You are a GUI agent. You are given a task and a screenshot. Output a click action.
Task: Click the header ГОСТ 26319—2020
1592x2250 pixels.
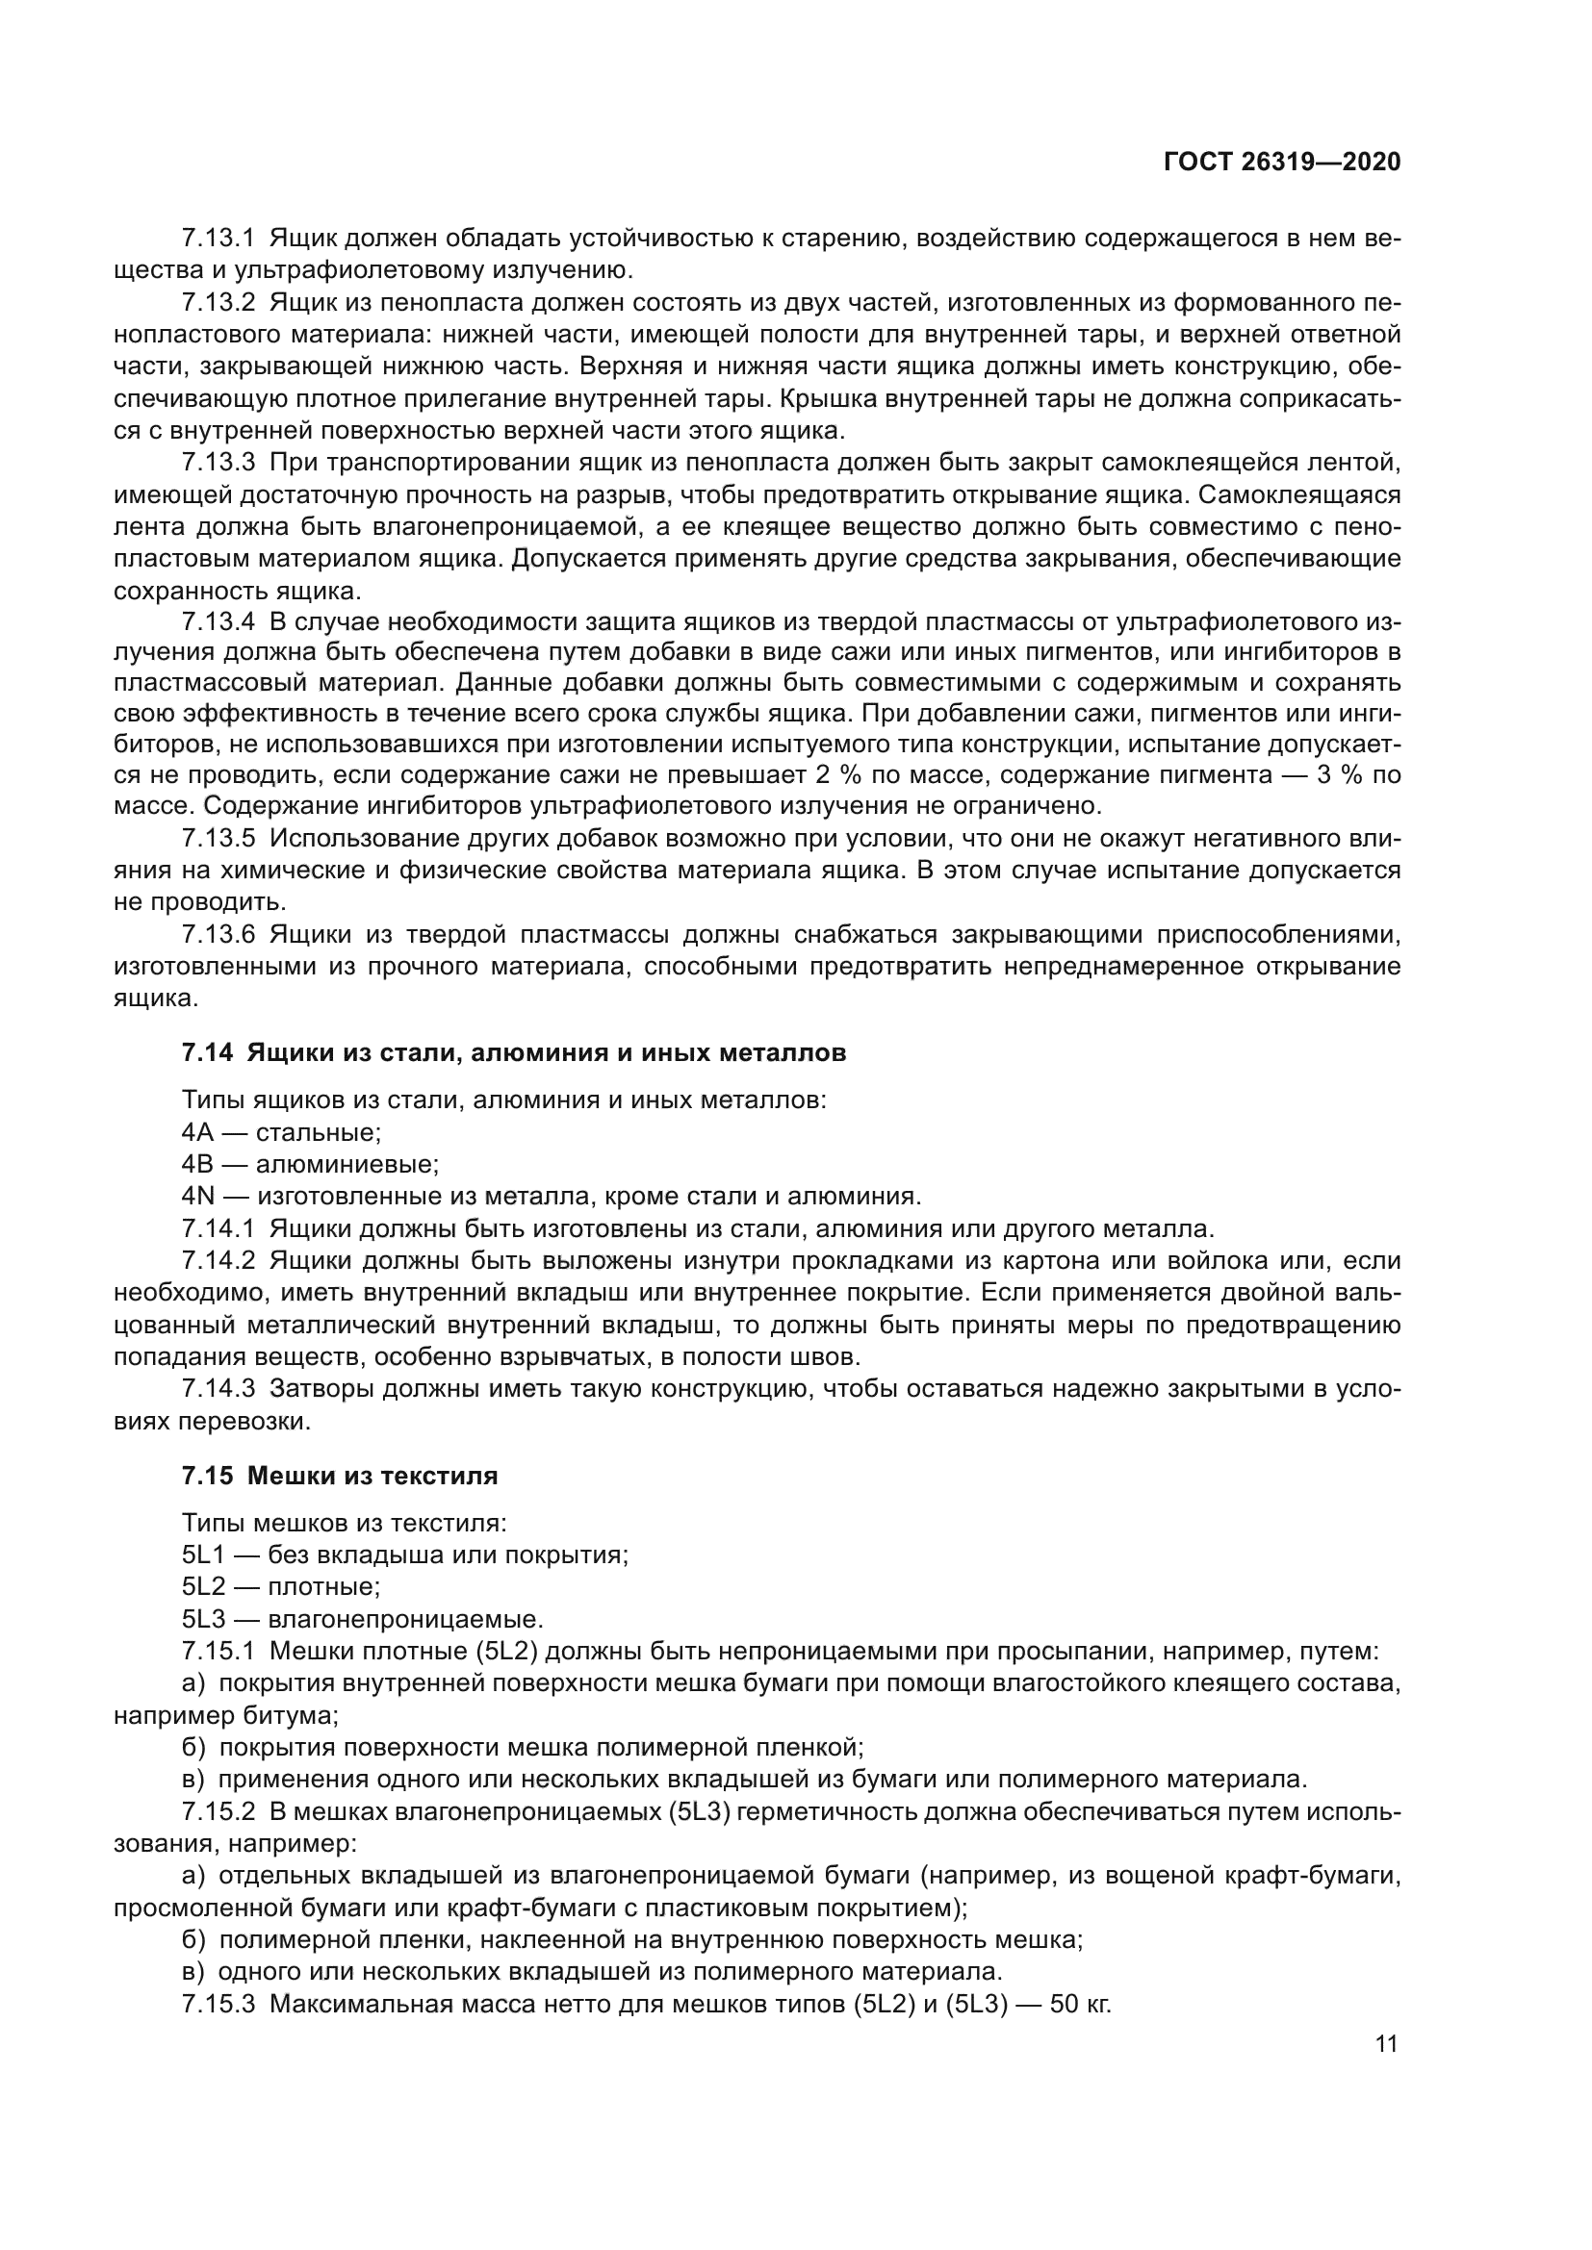[1281, 163]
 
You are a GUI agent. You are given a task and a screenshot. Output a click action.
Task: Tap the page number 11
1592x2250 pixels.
[1386, 2043]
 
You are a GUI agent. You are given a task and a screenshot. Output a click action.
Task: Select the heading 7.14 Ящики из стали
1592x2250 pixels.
[514, 1052]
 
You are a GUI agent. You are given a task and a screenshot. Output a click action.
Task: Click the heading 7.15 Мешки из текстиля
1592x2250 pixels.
[339, 1476]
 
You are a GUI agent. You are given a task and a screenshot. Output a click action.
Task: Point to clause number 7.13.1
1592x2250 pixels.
[218, 239]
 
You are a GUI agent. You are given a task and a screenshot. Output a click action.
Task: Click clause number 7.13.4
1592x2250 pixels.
[218, 622]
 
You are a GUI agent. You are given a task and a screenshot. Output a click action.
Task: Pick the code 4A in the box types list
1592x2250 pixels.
[197, 1133]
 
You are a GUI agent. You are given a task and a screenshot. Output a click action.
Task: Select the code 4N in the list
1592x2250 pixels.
[197, 1197]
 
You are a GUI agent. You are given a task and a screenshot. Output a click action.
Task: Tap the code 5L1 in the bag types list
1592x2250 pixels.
[203, 1555]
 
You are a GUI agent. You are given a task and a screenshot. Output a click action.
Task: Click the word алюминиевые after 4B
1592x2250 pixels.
[347, 1165]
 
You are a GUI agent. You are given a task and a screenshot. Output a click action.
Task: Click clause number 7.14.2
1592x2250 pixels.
[218, 1261]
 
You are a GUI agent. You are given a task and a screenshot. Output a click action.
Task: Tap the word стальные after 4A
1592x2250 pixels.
[318, 1133]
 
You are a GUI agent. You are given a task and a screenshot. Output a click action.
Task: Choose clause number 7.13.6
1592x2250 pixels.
[218, 935]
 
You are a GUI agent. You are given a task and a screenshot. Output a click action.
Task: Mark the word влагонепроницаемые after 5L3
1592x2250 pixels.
[405, 1619]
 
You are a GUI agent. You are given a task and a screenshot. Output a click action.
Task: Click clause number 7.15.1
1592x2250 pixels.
[218, 1652]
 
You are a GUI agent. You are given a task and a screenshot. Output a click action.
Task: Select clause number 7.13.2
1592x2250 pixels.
[218, 303]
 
